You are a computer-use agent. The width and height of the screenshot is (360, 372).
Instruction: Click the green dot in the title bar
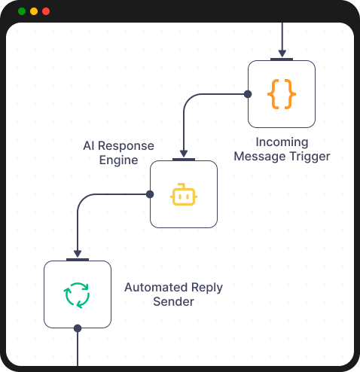pos(22,11)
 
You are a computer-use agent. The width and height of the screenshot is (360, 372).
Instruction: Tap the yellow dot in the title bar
pos(34,11)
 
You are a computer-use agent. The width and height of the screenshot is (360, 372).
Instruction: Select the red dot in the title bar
pos(46,11)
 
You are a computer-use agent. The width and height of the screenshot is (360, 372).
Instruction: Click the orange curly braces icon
pos(282,94)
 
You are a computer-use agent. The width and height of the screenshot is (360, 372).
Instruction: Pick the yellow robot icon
pos(184,194)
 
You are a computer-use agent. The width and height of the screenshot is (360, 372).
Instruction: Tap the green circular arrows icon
pos(77,294)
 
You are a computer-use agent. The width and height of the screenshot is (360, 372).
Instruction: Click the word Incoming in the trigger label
pos(282,142)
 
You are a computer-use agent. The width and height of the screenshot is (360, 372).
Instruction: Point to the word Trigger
pos(310,157)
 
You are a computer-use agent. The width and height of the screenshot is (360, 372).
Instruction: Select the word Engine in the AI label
pos(118,160)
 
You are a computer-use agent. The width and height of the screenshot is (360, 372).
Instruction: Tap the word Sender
pos(173,302)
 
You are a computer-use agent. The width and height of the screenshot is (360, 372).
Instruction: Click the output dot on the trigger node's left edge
pos(247,93)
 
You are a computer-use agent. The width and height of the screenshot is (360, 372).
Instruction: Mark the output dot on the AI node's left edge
pos(149,194)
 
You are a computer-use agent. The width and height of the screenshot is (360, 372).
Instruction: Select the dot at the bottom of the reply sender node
pos(77,328)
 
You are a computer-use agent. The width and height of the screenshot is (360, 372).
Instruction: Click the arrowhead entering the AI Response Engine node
pos(184,154)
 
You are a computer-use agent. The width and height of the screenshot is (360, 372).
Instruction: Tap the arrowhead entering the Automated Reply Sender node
pos(77,255)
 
